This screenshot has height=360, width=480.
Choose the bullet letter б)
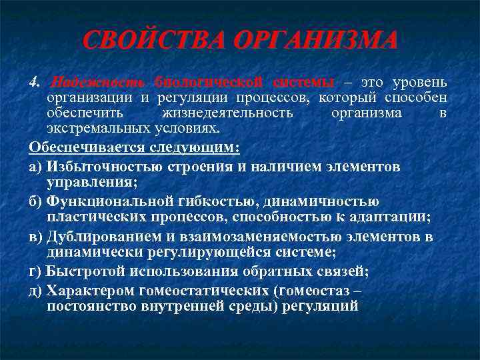click(36, 201)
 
